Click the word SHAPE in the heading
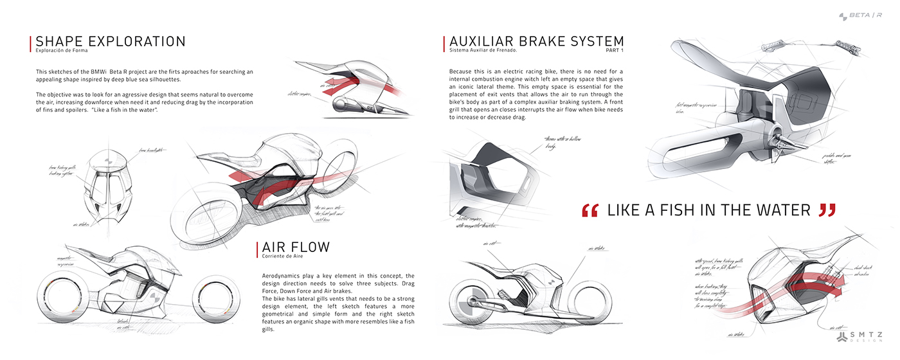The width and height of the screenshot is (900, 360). (60, 42)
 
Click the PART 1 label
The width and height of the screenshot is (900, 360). (615, 50)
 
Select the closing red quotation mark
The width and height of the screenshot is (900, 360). (827, 210)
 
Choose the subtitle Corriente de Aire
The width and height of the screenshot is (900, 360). (283, 256)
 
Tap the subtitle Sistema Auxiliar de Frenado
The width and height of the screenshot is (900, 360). (483, 50)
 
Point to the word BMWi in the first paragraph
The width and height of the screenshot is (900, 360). (100, 71)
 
